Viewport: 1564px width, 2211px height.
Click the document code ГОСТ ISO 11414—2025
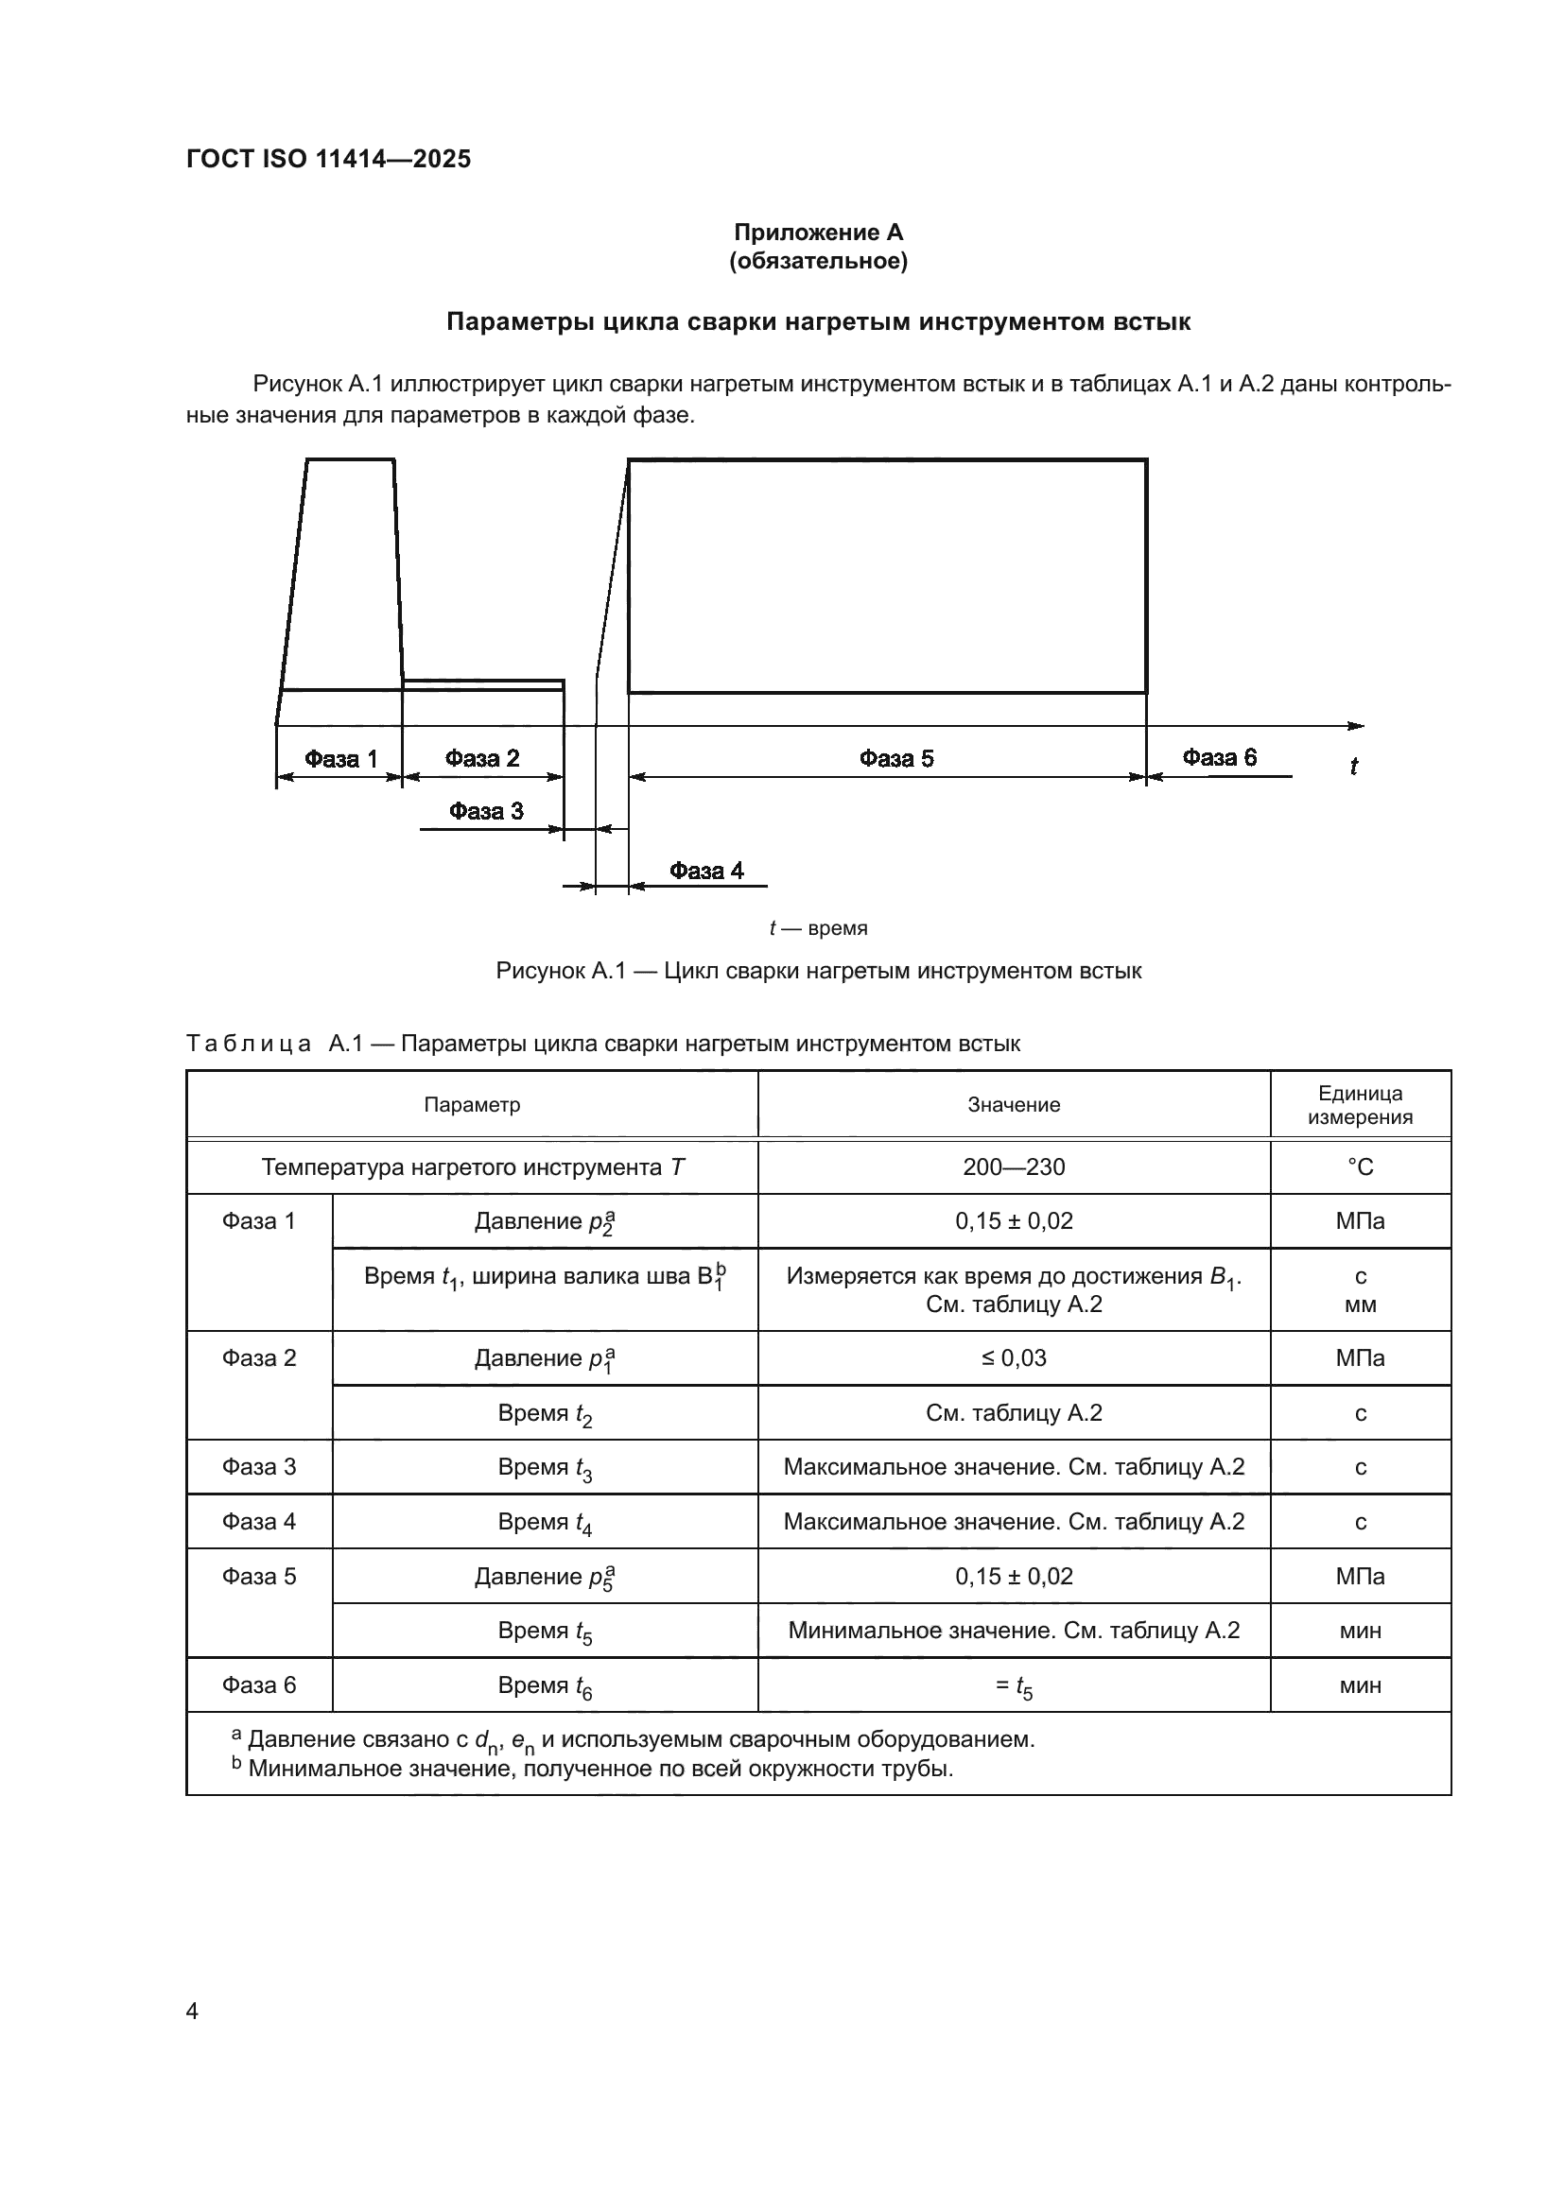point(328,159)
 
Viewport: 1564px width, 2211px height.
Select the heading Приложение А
point(818,233)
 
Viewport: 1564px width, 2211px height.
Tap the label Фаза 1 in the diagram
point(341,759)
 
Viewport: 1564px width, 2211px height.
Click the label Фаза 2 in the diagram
point(481,759)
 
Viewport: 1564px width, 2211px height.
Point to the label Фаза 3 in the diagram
point(485,811)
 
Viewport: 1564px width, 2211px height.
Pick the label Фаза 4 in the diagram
point(706,871)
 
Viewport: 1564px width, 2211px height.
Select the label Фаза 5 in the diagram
point(895,759)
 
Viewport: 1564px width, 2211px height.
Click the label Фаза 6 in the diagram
point(1218,758)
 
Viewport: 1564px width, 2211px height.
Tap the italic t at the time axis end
point(1353,767)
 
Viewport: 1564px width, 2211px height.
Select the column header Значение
point(1013,1104)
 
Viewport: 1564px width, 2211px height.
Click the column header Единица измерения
point(1360,1104)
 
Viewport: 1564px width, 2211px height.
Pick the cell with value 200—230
point(1013,1167)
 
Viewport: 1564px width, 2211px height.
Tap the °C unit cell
point(1360,1167)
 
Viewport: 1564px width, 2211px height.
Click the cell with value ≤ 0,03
point(1013,1357)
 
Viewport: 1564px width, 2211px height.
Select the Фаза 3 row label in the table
point(259,1467)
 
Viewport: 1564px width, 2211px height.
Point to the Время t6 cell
point(544,1686)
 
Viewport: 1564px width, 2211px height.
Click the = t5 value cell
point(1013,1686)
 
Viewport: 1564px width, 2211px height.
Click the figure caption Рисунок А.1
point(818,971)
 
